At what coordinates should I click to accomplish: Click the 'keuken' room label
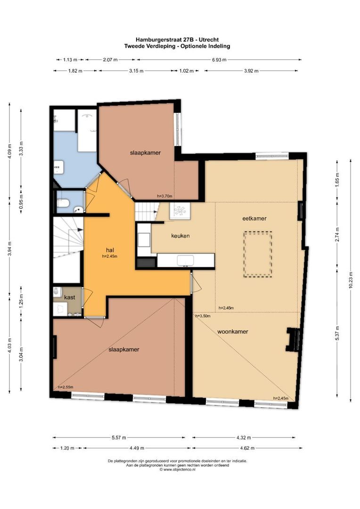(x=180, y=236)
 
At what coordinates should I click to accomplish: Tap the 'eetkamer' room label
(x=254, y=218)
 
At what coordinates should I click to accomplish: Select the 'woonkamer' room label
(x=233, y=331)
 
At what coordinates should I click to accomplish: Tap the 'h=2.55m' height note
(x=65, y=387)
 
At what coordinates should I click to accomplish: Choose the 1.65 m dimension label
(x=337, y=181)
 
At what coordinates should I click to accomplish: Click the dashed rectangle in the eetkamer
(x=257, y=254)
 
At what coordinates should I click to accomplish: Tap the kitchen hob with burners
(x=179, y=211)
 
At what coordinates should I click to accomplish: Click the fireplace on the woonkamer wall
(x=294, y=340)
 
